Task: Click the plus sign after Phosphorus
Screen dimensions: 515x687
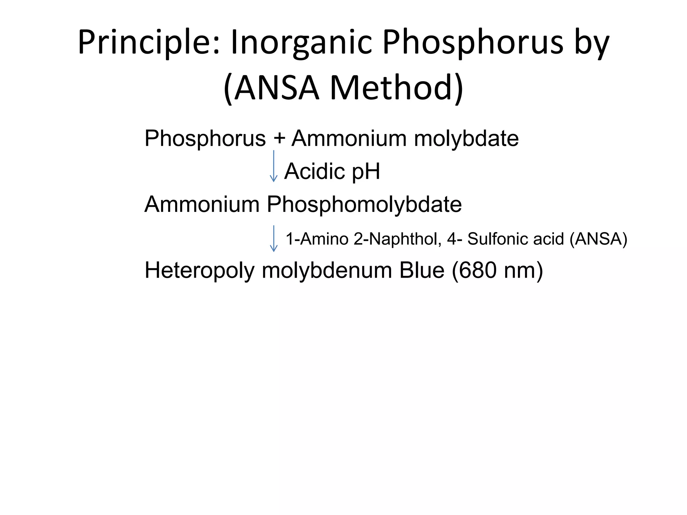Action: click(x=279, y=138)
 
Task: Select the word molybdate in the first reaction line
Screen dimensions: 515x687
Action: click(x=466, y=138)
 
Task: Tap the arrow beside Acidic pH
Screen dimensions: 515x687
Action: click(x=274, y=166)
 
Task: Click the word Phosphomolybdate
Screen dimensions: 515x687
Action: click(x=364, y=204)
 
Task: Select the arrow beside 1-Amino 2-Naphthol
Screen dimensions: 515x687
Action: click(x=274, y=238)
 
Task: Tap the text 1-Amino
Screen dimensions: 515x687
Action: click(x=317, y=239)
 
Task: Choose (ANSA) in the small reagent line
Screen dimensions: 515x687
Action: click(x=598, y=239)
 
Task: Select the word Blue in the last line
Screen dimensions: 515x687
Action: click(x=422, y=270)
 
